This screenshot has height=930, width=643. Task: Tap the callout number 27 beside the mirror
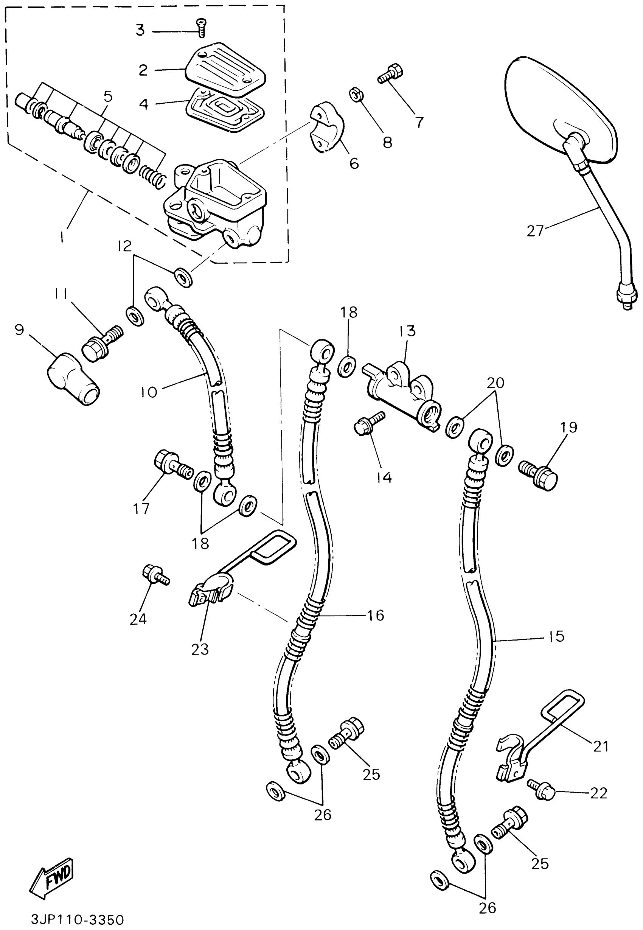click(536, 231)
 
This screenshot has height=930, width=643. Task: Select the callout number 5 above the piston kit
click(107, 97)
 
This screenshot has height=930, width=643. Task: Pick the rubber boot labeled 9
click(74, 378)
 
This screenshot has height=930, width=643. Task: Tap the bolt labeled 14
click(368, 423)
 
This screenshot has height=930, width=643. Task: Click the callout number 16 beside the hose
click(375, 615)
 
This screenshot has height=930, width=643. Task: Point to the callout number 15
click(556, 636)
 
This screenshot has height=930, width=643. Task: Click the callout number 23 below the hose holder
click(200, 650)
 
